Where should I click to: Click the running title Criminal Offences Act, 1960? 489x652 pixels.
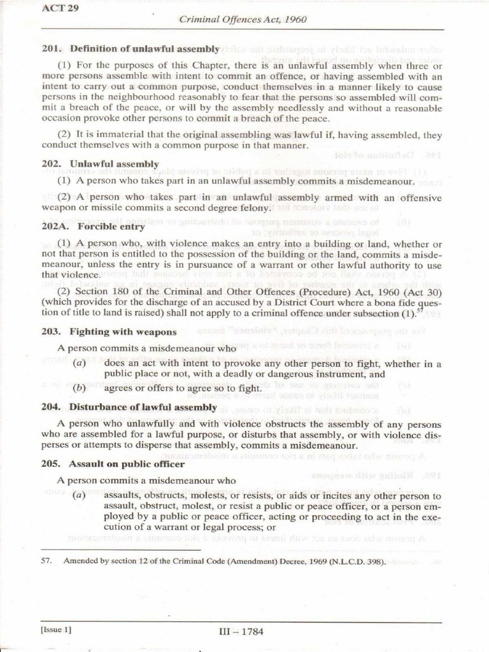243,19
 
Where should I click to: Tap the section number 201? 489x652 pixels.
51,48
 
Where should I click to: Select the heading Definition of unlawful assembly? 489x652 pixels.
145,48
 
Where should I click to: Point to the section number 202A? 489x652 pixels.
54,226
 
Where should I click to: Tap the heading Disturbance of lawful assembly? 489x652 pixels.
143,407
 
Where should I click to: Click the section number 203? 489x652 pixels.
51,332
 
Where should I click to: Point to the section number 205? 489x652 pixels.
51,464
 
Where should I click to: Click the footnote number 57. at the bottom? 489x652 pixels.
46,562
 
